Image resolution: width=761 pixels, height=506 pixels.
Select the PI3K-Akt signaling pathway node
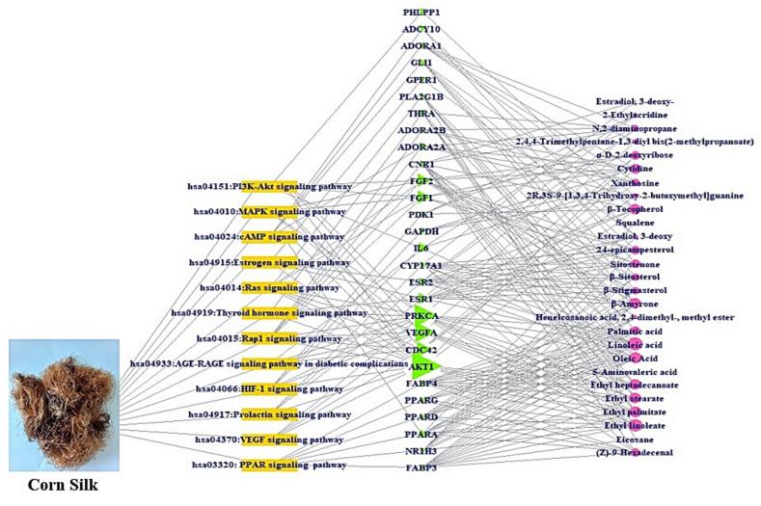pyautogui.click(x=269, y=186)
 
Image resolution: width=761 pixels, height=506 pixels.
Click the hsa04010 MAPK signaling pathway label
pyautogui.click(x=269, y=211)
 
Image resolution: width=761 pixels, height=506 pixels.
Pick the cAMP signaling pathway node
pyautogui.click(x=269, y=236)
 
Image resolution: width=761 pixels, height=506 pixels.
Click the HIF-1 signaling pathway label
pyautogui.click(x=269, y=388)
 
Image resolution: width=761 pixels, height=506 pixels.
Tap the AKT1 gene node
pyautogui.click(x=421, y=367)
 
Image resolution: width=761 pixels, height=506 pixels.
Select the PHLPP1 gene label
pyautogui.click(x=421, y=12)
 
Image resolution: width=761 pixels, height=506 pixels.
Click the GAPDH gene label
pyautogui.click(x=421, y=231)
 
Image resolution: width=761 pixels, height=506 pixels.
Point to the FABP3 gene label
pyautogui.click(x=421, y=467)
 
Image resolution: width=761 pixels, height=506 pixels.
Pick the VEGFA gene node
pyautogui.click(x=421, y=333)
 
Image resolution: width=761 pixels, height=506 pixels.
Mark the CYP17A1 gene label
pyautogui.click(x=421, y=265)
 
